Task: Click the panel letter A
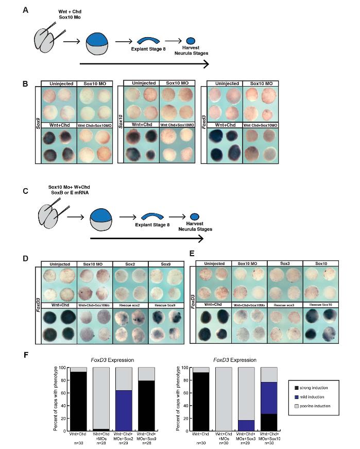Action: (x=25, y=9)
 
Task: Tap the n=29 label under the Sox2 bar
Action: (x=125, y=443)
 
